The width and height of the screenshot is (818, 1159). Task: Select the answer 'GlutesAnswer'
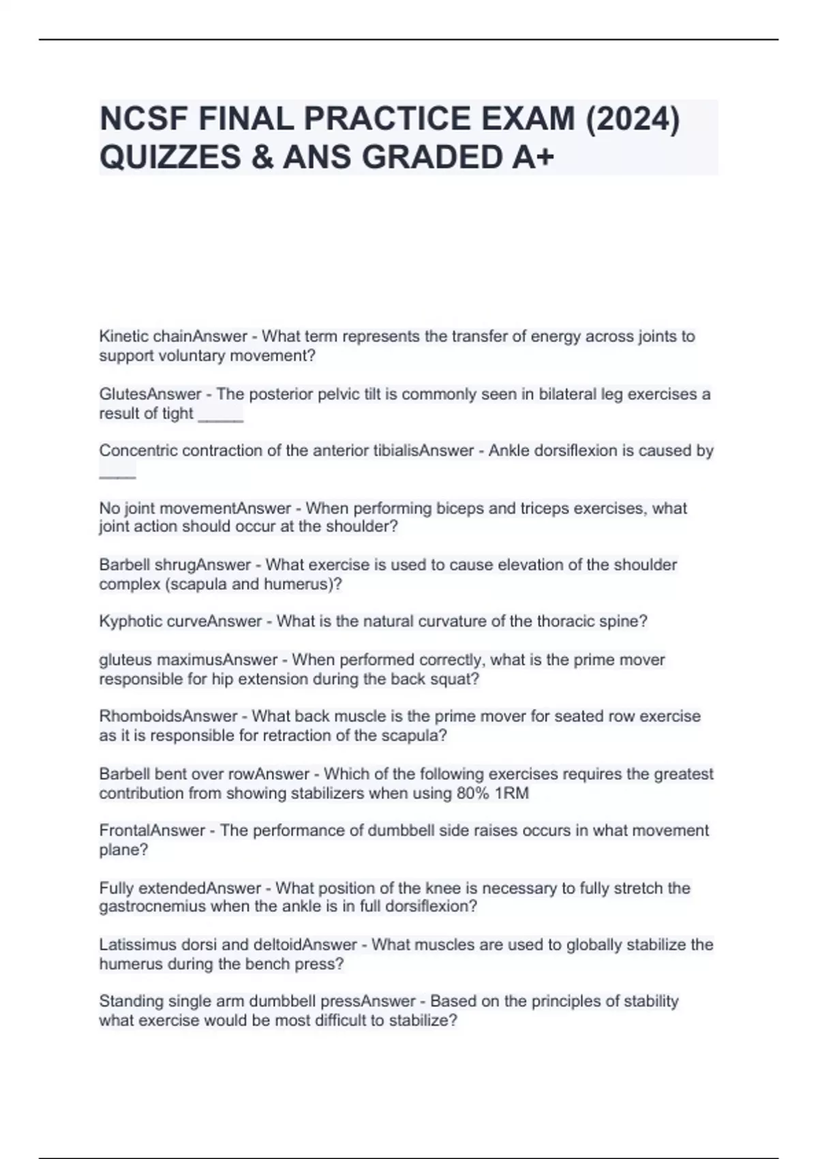[150, 394]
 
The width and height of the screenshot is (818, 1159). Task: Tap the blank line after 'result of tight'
[220, 415]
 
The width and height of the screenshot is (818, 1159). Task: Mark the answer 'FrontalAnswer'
[152, 830]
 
